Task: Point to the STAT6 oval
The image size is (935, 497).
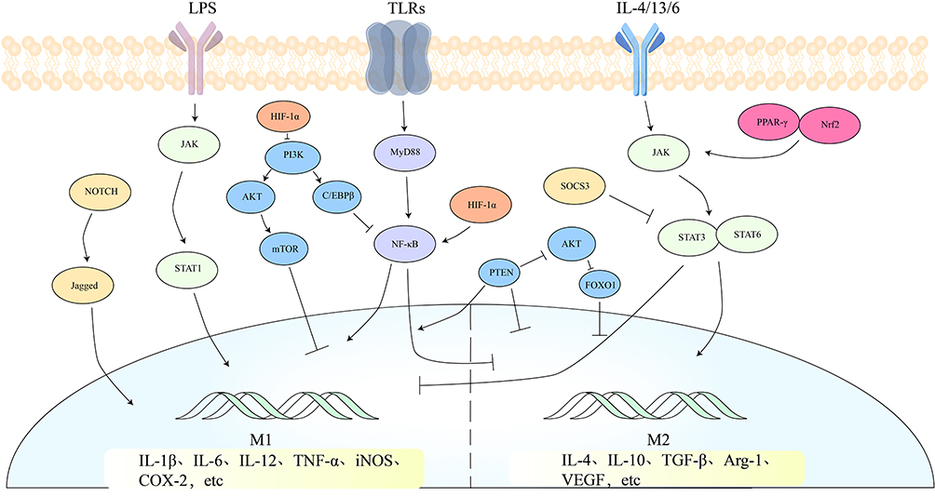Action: pos(741,234)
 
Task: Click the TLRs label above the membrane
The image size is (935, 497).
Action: pos(402,10)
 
